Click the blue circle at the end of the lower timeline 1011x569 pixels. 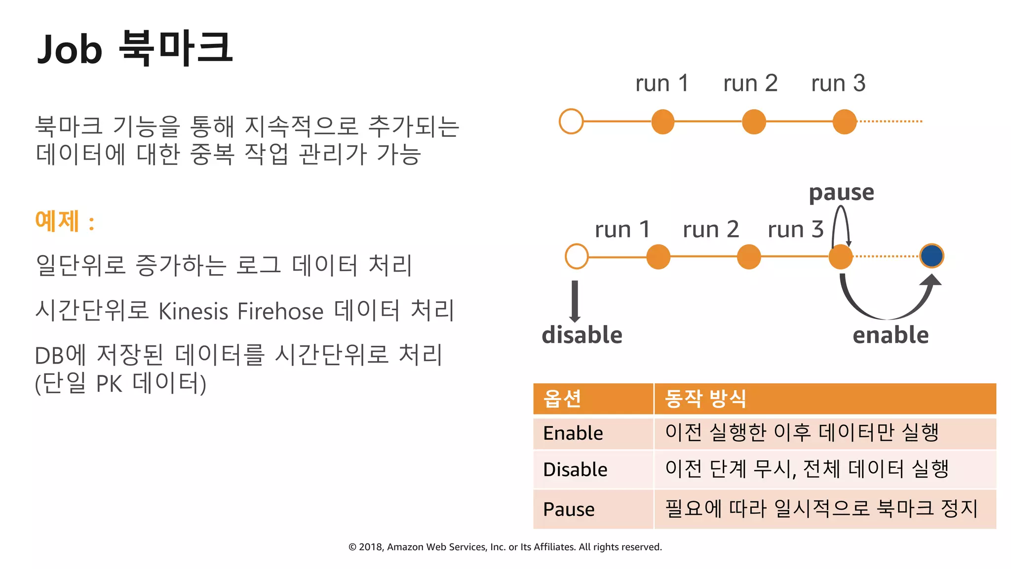[932, 256]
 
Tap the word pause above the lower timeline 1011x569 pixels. [841, 192]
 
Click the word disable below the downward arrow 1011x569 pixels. [582, 335]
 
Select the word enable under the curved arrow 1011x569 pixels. [891, 335]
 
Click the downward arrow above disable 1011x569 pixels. [575, 301]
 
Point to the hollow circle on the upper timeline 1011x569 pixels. [571, 121]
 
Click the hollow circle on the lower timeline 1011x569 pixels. [577, 256]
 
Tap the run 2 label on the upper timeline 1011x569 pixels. [750, 83]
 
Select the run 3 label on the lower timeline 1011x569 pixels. [796, 229]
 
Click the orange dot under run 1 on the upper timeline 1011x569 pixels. [662, 122]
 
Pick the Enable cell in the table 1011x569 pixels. [573, 433]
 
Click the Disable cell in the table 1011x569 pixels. [575, 469]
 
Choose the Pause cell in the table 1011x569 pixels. [569, 509]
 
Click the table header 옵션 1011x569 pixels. [562, 398]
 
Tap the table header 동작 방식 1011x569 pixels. [705, 398]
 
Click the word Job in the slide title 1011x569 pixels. [70, 49]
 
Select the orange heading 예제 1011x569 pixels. [57, 221]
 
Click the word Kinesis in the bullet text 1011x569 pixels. [193, 312]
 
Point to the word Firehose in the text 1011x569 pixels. [280, 312]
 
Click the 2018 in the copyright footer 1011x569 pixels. [370, 547]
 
